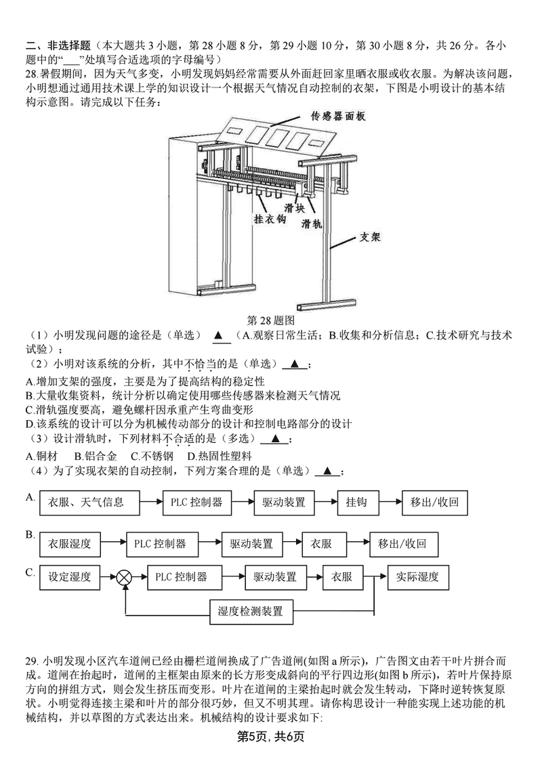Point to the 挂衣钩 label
pyautogui.click(x=270, y=220)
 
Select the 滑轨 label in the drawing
pyautogui.click(x=312, y=224)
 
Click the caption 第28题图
pyautogui.click(x=271, y=320)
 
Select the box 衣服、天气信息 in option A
pyautogui.click(x=86, y=503)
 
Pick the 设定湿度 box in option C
pyautogui.click(x=70, y=577)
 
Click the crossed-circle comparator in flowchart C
pyautogui.click(x=124, y=578)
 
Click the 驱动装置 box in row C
pyautogui.click(x=275, y=577)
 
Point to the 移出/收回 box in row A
pyautogui.click(x=435, y=503)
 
